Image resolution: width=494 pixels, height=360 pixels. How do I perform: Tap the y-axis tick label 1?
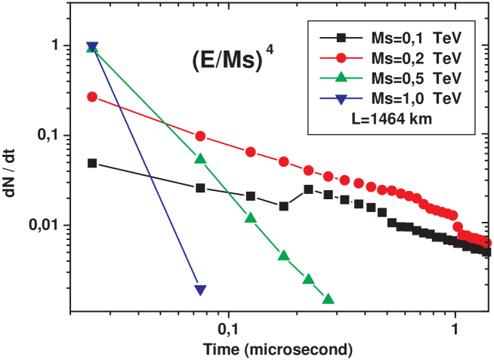coord(54,45)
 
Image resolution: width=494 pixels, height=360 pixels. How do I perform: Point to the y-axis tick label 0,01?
coord(45,226)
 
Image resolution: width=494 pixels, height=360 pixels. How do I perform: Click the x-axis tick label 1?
coord(455,330)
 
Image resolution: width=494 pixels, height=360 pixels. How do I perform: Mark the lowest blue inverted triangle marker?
coord(200,290)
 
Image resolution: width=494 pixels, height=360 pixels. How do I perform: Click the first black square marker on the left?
coord(92,163)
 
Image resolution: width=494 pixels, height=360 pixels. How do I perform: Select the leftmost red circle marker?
coord(92,97)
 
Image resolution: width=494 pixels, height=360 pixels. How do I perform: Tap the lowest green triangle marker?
coord(328,299)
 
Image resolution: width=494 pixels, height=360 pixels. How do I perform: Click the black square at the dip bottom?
coord(283,206)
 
